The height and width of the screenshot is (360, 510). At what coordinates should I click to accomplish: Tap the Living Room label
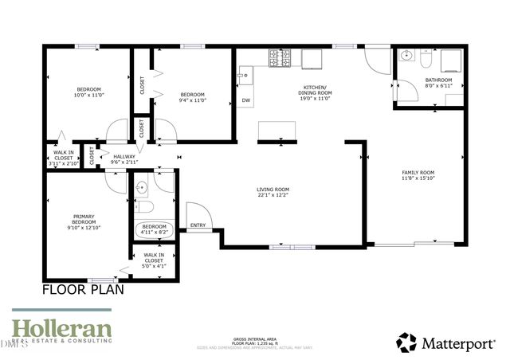[273, 192]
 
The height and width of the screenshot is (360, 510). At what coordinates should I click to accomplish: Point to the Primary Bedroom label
[84, 221]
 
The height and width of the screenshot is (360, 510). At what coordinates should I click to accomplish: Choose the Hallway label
[125, 158]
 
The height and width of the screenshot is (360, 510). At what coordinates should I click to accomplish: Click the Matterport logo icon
[406, 342]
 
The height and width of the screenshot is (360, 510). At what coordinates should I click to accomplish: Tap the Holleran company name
[61, 327]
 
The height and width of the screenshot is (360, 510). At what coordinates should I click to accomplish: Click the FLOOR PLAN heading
[83, 290]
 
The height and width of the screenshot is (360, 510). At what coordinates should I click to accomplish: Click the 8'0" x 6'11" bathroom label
[438, 83]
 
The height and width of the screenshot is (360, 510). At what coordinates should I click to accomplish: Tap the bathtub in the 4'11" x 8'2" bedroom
[154, 229]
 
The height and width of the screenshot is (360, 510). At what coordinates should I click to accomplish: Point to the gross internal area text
[255, 340]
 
